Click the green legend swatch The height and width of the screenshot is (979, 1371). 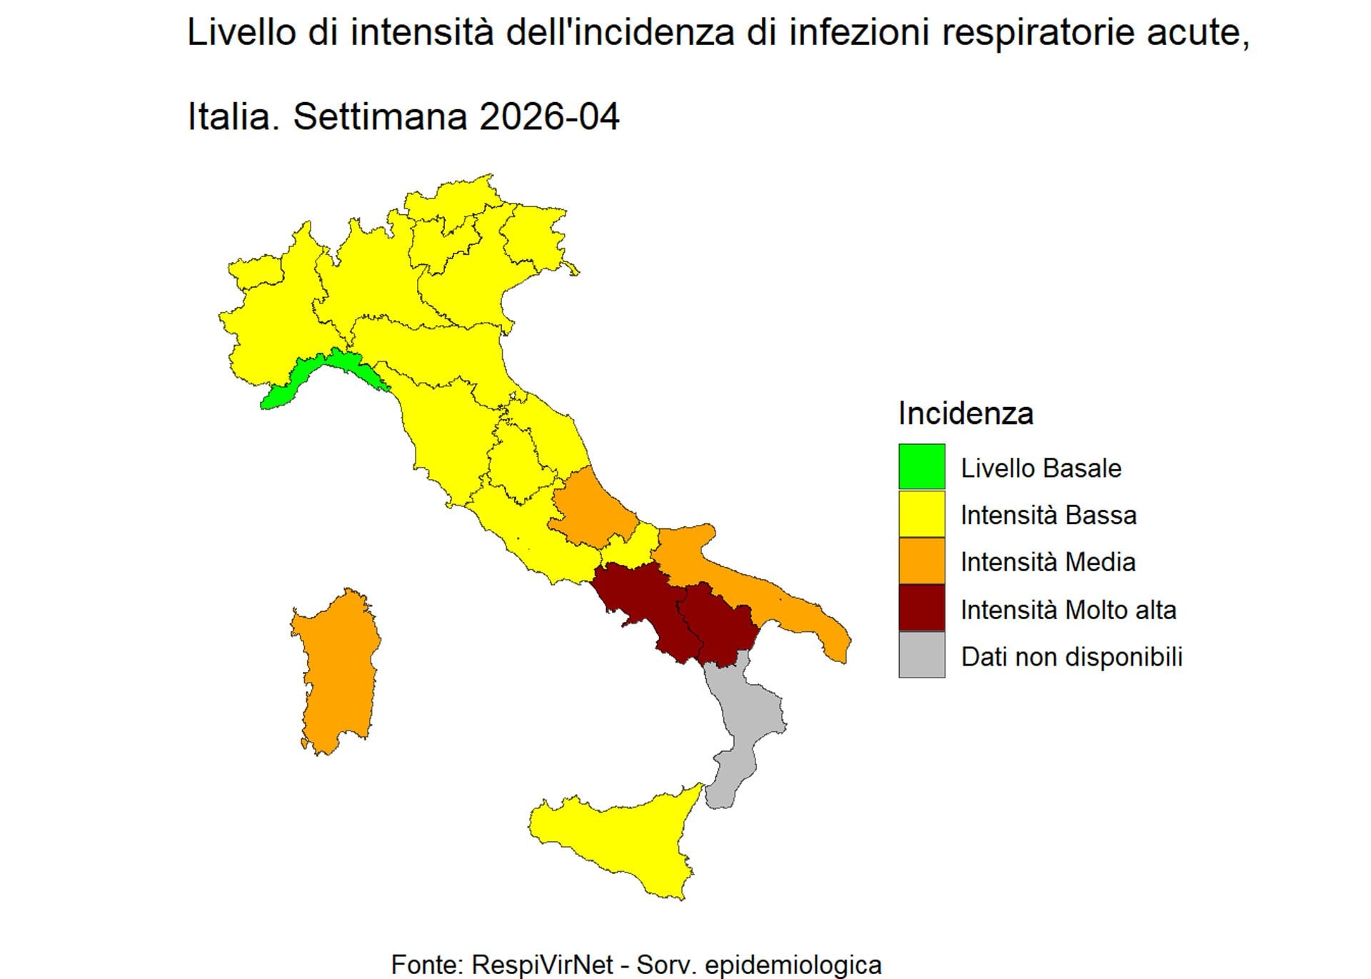(x=921, y=467)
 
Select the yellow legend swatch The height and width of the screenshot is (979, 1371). (x=921, y=514)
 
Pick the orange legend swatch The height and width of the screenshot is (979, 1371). (x=921, y=561)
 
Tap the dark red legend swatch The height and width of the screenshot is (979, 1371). (x=921, y=608)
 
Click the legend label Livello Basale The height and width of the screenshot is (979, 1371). (x=1040, y=468)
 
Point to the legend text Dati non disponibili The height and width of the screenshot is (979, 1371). (x=1071, y=657)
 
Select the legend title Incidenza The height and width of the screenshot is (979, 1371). (x=965, y=413)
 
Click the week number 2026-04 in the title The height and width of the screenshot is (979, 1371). (x=549, y=116)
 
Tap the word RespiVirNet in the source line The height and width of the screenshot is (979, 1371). (x=542, y=965)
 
